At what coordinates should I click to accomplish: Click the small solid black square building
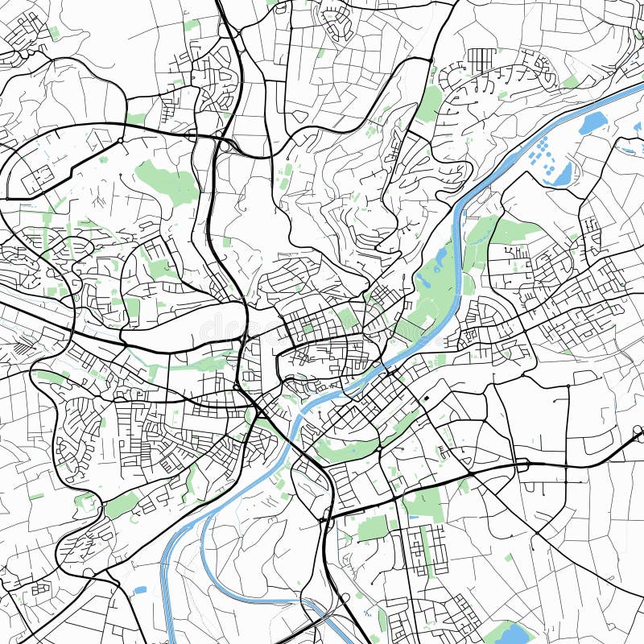[x=426, y=398]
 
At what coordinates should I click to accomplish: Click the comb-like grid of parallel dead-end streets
[x=481, y=58]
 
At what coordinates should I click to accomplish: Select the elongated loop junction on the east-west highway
[x=521, y=464]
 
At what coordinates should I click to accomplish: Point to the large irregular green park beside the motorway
[x=167, y=181]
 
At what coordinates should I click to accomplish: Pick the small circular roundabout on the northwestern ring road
[x=120, y=141]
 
